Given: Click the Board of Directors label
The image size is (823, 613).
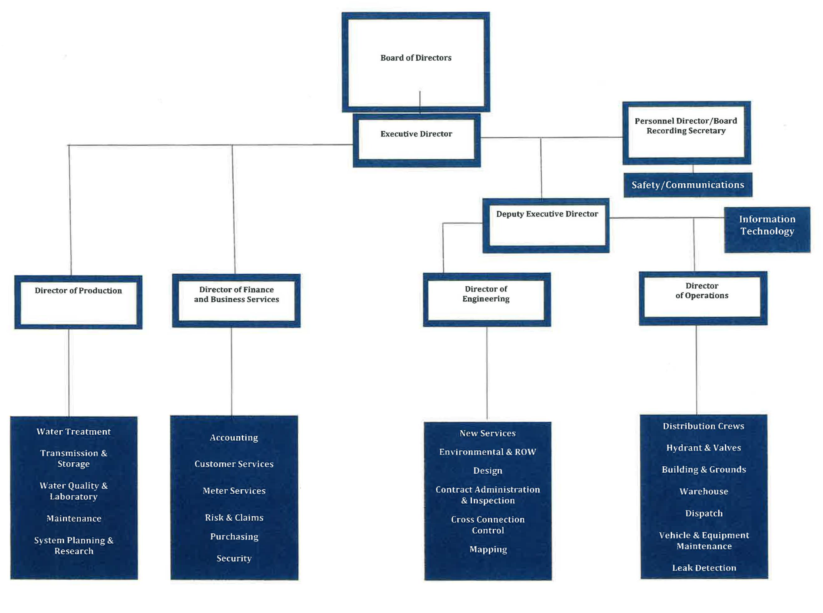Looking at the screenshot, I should tap(416, 58).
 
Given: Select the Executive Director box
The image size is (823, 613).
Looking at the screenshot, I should tap(416, 140).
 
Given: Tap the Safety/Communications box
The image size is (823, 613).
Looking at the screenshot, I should tap(687, 185).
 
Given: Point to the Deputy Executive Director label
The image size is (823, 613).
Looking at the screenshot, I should tap(547, 214).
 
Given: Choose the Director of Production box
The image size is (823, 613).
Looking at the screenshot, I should tap(78, 302).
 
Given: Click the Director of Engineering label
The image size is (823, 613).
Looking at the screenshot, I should tap(486, 294).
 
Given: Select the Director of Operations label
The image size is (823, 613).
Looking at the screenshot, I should tap(702, 291).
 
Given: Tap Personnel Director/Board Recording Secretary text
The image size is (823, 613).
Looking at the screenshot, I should tap(686, 126).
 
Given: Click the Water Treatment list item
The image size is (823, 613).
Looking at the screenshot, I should tap(74, 432).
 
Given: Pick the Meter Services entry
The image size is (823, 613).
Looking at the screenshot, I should tap(234, 491).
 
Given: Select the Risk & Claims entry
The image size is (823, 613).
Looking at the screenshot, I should tap(234, 517).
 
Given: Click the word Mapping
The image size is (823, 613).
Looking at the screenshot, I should tap(488, 549).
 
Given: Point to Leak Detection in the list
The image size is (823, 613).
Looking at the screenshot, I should tap(704, 568).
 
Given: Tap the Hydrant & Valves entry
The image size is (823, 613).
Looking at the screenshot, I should tap(703, 448).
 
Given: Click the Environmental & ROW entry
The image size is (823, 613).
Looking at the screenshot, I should tap(487, 452).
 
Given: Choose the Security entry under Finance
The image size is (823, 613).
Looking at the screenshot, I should tap(234, 558).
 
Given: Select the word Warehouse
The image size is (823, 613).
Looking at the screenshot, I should tap(703, 491).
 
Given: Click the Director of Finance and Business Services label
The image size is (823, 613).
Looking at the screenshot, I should tap(236, 294).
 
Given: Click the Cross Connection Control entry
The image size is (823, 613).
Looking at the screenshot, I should tap(487, 525).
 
